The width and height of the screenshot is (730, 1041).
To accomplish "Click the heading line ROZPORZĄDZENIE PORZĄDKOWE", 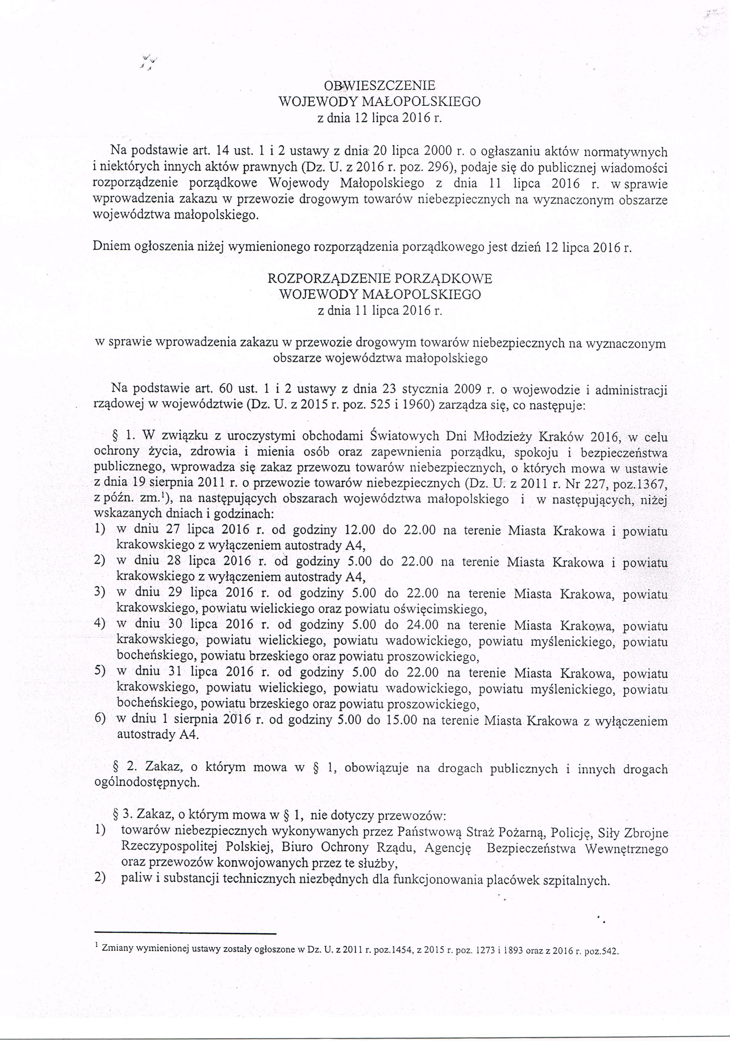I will click(x=380, y=279).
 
